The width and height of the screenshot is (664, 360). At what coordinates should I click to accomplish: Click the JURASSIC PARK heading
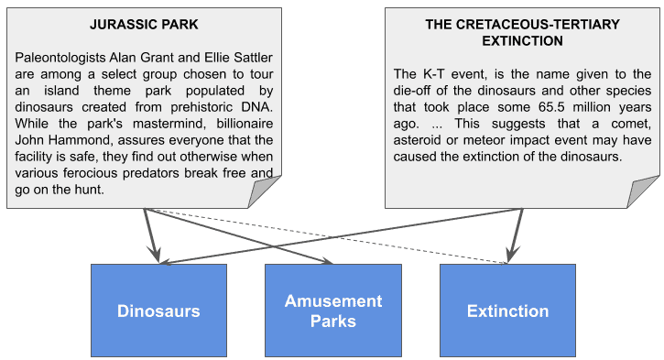(145, 25)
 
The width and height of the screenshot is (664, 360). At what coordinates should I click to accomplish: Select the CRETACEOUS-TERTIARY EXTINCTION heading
(523, 33)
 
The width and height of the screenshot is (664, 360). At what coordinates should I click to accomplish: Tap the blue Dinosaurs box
(158, 311)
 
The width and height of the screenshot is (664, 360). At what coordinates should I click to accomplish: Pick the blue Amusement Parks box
(332, 311)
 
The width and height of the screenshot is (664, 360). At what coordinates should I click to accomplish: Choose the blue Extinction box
(507, 311)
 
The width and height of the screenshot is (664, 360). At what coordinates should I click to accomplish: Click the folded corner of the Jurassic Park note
(267, 193)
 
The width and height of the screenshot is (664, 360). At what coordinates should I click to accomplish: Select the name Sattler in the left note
(250, 57)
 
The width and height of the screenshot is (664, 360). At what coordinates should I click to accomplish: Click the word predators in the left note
(167, 172)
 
